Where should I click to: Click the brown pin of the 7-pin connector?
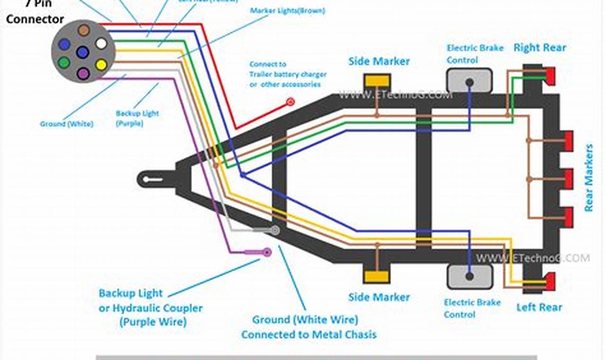[84, 30]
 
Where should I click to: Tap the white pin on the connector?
[101, 44]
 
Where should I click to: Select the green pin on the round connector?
[64, 62]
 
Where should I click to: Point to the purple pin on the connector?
[83, 73]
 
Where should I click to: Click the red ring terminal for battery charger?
[291, 101]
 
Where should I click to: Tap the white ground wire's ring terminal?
[275, 231]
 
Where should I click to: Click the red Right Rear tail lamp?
[550, 76]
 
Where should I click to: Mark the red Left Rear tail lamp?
[550, 281]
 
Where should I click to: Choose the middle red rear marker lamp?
[569, 179]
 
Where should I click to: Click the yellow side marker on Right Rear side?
[377, 81]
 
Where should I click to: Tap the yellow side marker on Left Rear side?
[377, 277]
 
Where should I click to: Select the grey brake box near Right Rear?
[469, 81]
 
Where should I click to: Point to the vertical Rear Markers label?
[588, 178]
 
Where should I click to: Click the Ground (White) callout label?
[67, 124]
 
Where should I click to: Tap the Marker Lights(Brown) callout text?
[287, 10]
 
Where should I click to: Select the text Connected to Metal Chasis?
[309, 334]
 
